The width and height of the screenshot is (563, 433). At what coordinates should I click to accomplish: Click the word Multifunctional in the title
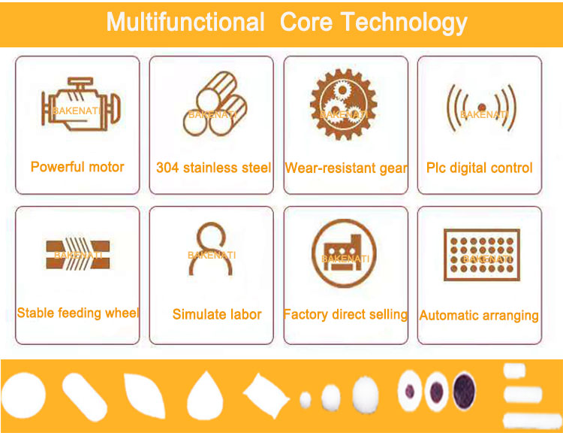click(185, 23)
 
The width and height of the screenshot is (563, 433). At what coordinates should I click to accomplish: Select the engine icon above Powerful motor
click(81, 104)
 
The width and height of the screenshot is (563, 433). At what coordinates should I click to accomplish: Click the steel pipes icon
click(215, 104)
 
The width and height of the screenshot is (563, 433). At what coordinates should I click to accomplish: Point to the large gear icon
click(344, 104)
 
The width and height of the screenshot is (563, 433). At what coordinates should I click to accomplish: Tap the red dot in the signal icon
click(482, 107)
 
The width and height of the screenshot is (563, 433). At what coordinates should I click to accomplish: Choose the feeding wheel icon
click(78, 255)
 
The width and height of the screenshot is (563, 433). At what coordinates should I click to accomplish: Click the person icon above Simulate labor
click(211, 249)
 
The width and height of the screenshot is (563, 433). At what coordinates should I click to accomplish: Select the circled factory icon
click(344, 253)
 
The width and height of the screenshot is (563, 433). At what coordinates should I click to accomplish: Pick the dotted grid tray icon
click(482, 255)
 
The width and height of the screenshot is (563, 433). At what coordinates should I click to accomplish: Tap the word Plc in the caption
click(435, 168)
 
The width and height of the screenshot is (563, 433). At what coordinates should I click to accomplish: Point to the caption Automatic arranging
click(479, 316)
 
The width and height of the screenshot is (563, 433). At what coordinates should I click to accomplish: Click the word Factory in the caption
click(306, 314)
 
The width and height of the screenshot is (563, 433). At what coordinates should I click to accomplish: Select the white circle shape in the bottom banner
click(24, 395)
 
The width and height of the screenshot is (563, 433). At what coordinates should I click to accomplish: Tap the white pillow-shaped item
click(266, 395)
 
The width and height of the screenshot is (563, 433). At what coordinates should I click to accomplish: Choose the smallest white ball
click(306, 400)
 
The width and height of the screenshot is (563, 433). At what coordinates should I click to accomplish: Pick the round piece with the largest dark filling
click(465, 391)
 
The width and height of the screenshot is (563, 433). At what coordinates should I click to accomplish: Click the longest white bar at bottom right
click(532, 420)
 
